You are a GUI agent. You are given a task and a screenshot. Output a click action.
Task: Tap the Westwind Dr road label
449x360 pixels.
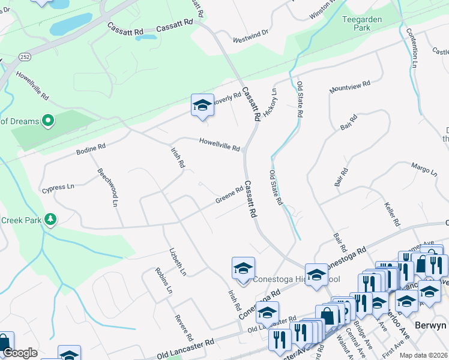pos(251,39)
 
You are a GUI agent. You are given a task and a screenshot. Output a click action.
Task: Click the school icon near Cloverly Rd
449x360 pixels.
pos(203,106)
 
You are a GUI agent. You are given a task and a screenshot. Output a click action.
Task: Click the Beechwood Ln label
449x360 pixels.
pos(106,187)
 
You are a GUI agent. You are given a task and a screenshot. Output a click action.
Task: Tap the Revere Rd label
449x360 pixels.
pos(182,328)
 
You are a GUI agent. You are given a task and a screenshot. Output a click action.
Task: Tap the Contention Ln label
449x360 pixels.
pos(412,47)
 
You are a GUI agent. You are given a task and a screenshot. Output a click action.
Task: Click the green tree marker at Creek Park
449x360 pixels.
pos(51,220)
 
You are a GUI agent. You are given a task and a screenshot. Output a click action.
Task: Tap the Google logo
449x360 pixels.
pos(20,353)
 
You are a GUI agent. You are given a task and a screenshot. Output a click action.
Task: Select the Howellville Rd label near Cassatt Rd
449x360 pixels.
pos(220,144)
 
